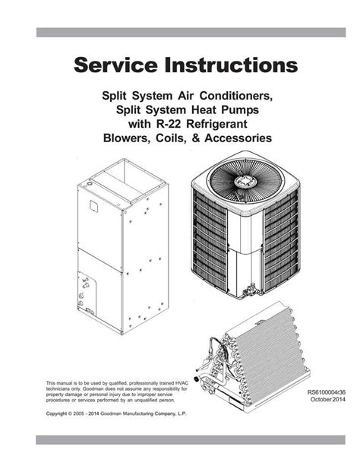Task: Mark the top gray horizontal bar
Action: point(180,33)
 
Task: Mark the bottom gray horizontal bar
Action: point(180,439)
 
